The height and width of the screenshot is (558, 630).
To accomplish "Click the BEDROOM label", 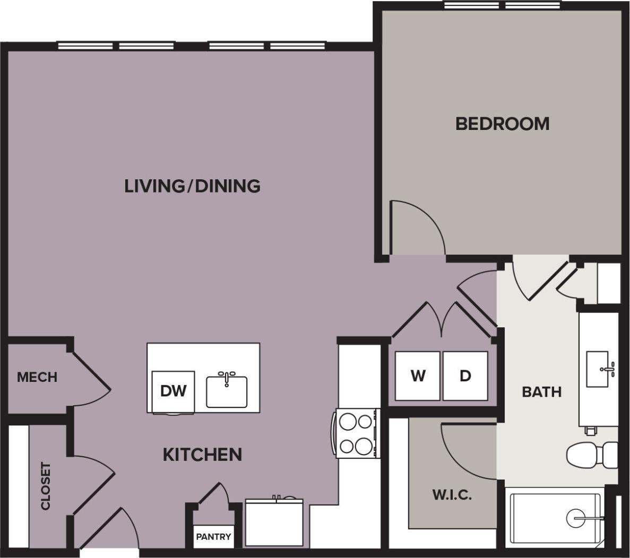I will coord(502,124).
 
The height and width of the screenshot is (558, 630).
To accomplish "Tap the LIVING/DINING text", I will coord(192,186).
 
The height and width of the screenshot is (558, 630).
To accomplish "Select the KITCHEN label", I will coord(202,455).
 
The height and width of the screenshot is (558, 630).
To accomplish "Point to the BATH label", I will coord(541,392).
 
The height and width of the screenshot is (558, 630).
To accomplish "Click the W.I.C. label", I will coord(452,495).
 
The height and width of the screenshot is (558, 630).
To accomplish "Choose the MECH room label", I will coord(37,377).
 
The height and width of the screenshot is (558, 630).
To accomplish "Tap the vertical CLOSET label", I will coord(46,486).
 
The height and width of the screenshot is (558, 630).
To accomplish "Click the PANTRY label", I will coord(213,536).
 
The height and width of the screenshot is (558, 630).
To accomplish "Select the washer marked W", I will coord(418,376).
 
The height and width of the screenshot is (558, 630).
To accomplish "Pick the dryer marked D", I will coord(465,376).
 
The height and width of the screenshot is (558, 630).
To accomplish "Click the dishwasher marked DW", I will coord(173,391).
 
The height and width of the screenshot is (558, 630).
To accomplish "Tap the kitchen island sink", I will coord(227,390).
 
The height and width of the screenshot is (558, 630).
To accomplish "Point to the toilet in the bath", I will coord(591,455).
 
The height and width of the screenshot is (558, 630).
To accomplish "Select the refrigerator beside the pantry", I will coord(274,522).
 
